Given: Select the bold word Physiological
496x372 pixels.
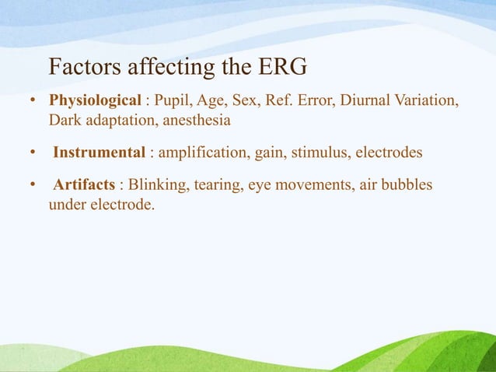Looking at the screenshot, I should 95,102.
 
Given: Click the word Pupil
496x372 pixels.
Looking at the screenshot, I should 176,102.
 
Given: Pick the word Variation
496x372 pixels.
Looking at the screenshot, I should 427,102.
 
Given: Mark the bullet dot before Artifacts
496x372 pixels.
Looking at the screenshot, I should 33,187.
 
